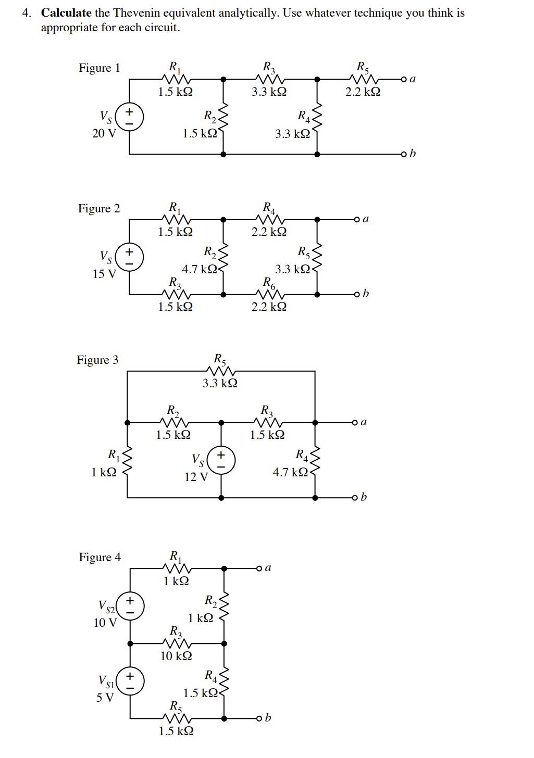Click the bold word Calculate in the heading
66,13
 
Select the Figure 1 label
99,68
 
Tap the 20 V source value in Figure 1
104,133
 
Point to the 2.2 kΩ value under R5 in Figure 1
363,92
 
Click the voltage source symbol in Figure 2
129,257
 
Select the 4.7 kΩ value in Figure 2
199,269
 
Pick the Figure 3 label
97,360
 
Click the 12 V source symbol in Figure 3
221,460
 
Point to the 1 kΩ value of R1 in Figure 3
104,472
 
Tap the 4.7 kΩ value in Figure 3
290,472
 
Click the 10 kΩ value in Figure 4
176,656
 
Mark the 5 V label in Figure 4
105,697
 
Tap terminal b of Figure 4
258,718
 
